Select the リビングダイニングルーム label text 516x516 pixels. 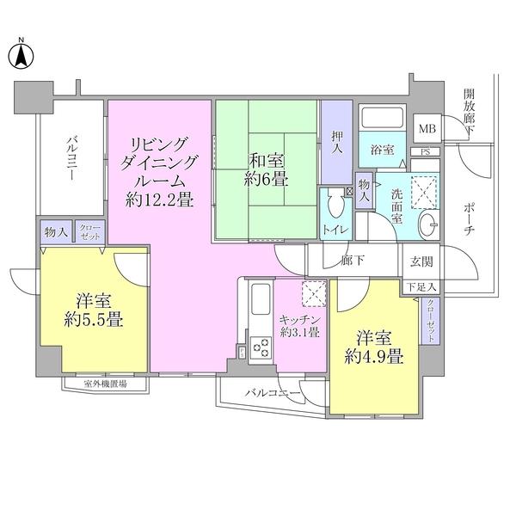[x=160, y=172]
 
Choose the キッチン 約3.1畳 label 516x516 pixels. [x=298, y=326]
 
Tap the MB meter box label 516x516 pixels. [x=427, y=129]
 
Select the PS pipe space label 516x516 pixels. [x=427, y=153]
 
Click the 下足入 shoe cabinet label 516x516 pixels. [x=421, y=287]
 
